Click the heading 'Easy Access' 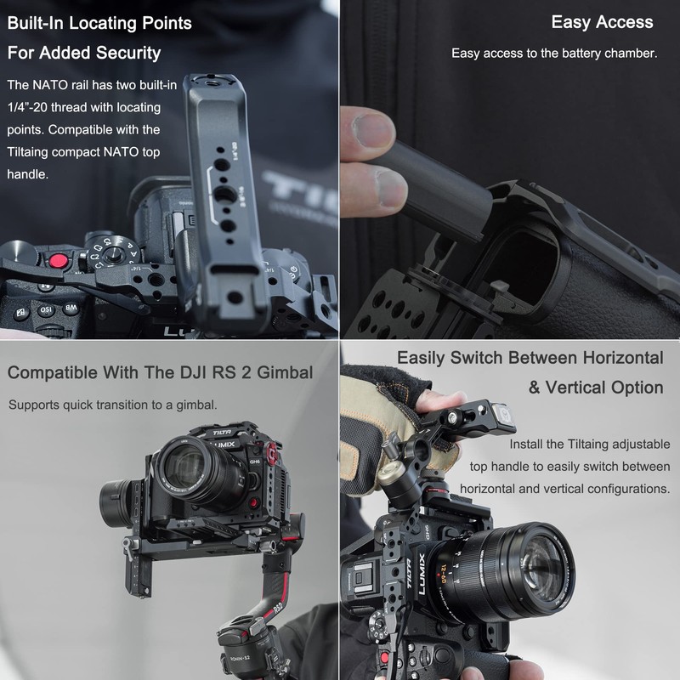[602, 23]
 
